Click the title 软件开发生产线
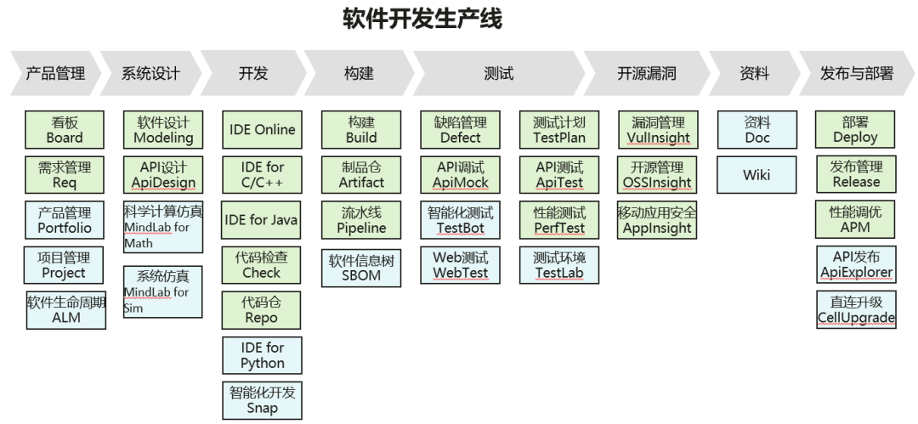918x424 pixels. tap(422, 20)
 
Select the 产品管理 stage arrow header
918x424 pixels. tap(56, 74)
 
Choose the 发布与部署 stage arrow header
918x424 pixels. tap(856, 74)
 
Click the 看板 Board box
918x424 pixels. tap(64, 130)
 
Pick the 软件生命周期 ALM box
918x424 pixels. tap(66, 308)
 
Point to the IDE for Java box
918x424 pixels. tap(262, 220)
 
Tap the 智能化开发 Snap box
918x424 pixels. tap(262, 400)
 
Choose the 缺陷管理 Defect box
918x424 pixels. tap(460, 130)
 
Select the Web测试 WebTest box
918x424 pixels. tap(460, 264)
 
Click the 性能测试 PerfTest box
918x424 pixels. tap(558, 220)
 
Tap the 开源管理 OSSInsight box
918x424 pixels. tap(657, 174)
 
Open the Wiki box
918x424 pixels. tap(756, 175)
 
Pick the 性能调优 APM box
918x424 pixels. tap(855, 220)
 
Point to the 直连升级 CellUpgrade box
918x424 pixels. tap(855, 309)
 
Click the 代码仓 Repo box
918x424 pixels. tap(262, 310)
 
